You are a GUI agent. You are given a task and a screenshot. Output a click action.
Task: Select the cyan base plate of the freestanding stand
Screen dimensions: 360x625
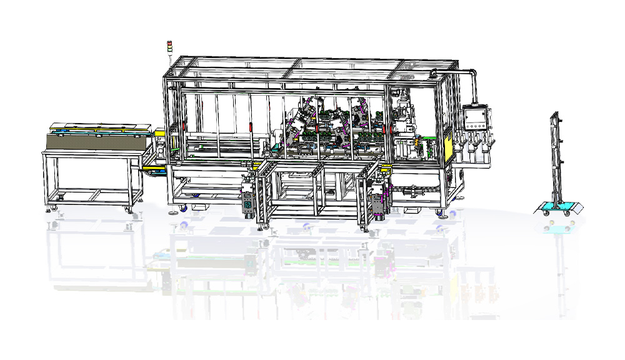(557, 207)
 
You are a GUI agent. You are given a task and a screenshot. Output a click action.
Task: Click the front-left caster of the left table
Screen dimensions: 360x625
(60, 207)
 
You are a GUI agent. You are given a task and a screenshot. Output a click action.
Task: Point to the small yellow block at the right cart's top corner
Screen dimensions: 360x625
(386, 167)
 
